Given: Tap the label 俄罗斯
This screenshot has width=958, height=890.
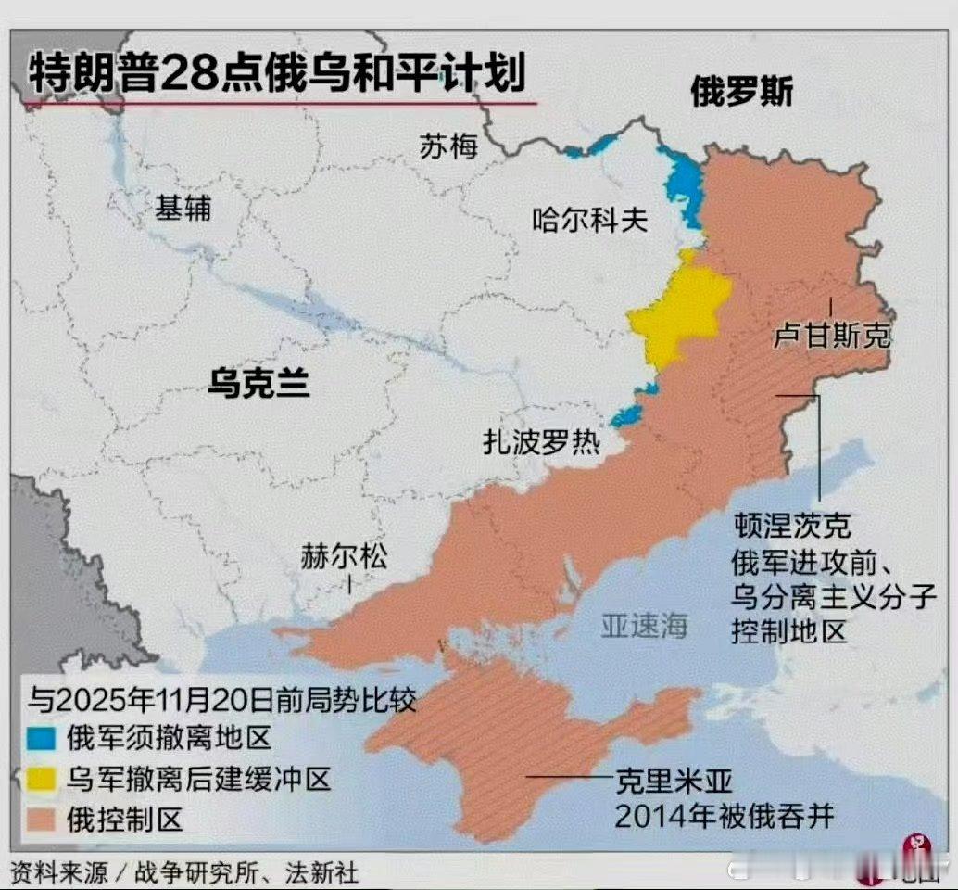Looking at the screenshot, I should tap(741, 92).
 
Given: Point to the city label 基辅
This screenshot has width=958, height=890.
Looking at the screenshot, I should tap(183, 208).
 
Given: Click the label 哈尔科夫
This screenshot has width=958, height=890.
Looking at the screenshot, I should tap(589, 220).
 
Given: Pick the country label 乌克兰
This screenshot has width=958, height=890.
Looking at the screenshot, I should tap(258, 381).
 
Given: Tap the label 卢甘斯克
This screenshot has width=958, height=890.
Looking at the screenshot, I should tap(831, 335).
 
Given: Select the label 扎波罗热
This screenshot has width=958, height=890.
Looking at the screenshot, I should tap(541, 441).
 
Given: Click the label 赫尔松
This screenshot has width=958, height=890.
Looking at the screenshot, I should tap(344, 556).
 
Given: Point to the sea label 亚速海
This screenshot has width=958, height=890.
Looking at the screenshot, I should tap(644, 626).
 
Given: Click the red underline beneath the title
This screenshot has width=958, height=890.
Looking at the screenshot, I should tap(278, 103).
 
